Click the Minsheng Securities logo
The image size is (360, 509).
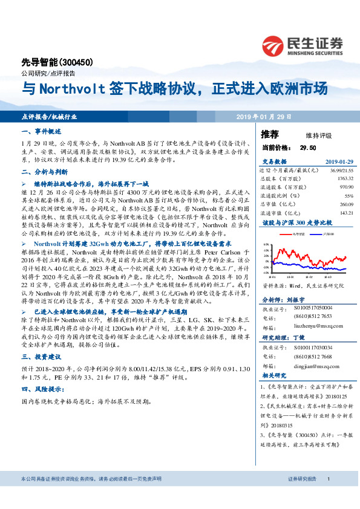click(302, 44)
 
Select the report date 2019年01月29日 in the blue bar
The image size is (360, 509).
click(264, 116)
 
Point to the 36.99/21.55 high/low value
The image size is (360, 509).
click(341, 172)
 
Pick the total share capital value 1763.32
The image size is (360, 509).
click(343, 179)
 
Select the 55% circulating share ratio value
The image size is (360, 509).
click(349, 196)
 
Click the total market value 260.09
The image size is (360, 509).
click(345, 204)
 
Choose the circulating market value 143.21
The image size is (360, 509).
click(345, 213)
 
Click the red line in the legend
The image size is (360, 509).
click(286, 232)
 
